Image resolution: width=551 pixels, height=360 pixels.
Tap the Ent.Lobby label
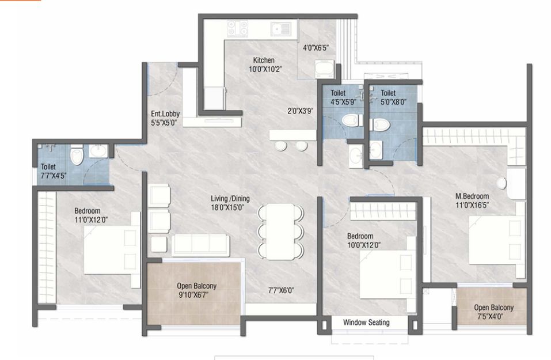165,113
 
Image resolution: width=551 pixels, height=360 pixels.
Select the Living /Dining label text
230,198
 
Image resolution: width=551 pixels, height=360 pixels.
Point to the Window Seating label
366,323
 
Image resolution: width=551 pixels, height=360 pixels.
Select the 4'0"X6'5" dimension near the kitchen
316,48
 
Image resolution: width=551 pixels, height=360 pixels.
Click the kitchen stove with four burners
237,28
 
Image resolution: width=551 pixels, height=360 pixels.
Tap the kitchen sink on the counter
282,28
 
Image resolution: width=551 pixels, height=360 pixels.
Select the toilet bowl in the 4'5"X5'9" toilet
349,120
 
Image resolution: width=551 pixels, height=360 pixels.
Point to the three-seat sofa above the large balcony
201,245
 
